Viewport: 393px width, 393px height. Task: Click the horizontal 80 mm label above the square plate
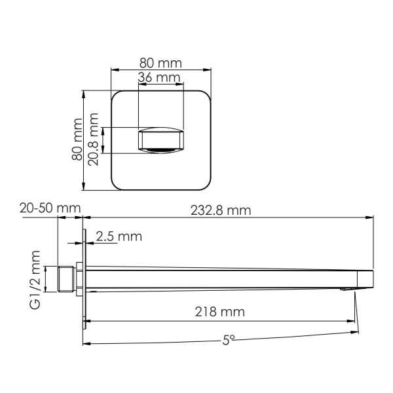pyautogui.click(x=160, y=63)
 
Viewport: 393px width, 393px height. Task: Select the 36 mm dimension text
pyautogui.click(x=160, y=77)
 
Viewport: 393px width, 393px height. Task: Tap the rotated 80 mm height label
pyautogui.click(x=77, y=139)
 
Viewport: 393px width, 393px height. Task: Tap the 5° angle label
pyautogui.click(x=225, y=340)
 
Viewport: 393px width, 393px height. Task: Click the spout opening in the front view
pyautogui.click(x=160, y=140)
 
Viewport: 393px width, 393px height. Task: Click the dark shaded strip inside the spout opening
pyautogui.click(x=160, y=151)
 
